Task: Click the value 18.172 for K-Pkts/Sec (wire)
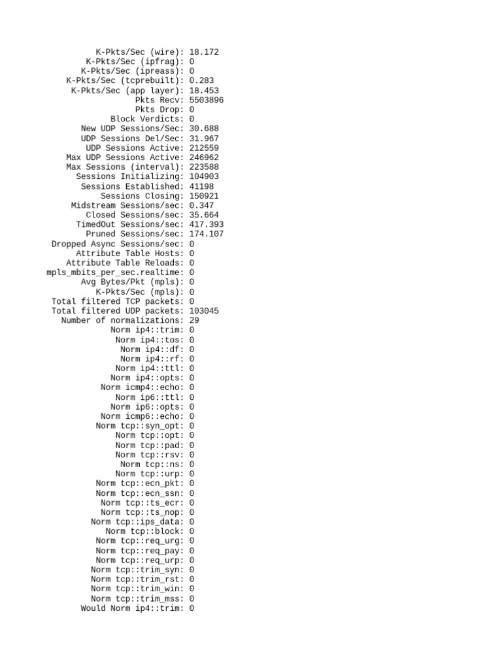tap(204, 52)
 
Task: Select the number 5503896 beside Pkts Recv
tap(207, 100)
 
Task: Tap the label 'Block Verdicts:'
tap(148, 119)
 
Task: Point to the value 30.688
tap(204, 129)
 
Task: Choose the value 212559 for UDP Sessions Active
tap(204, 148)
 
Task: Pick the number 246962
tap(204, 157)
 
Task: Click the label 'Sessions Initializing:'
tap(130, 176)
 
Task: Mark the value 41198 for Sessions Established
tap(202, 186)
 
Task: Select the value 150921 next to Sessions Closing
tap(204, 196)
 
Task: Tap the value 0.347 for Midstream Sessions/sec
tap(202, 205)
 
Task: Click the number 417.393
tap(207, 225)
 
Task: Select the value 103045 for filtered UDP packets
tap(204, 311)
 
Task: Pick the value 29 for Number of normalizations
tap(194, 321)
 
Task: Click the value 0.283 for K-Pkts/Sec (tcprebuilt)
tap(202, 80)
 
